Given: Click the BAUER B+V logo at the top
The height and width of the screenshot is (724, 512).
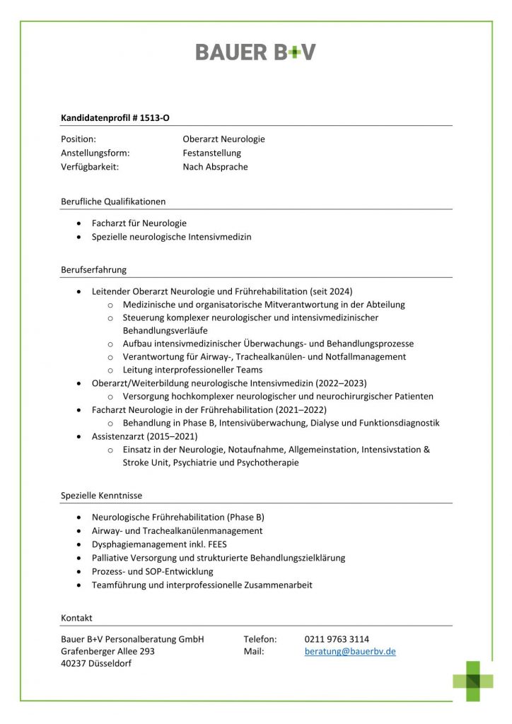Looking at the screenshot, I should (255, 52).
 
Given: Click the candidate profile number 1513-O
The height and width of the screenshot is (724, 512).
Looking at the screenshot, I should (153, 118).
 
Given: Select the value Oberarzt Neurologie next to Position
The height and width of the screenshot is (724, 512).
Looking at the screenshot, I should (223, 139).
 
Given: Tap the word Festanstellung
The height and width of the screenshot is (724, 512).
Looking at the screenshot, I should (211, 153).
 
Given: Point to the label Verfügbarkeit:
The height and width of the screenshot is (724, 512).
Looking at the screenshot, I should (89, 167).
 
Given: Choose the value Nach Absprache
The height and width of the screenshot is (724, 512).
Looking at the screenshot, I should (215, 167).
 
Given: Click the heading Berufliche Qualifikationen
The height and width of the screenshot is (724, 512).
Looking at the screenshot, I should (113, 202).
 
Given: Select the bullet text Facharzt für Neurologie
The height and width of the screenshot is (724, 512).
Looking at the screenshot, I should (139, 223).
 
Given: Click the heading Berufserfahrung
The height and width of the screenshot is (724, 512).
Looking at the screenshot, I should (94, 269).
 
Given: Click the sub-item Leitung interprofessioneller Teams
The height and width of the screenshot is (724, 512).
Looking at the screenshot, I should (192, 370).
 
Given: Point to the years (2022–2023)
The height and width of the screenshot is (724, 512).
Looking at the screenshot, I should (344, 383).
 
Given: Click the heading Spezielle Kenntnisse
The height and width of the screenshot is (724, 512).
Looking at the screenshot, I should (101, 496).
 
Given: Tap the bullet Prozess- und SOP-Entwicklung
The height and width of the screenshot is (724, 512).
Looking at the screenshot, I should (152, 571).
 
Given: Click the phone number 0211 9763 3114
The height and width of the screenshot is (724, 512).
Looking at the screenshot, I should (337, 639).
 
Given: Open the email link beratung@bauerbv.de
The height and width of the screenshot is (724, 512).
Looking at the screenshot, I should (350, 651).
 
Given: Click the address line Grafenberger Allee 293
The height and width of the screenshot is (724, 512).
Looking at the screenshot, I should (107, 651).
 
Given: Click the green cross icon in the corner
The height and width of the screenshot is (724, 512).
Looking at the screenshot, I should (474, 681).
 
